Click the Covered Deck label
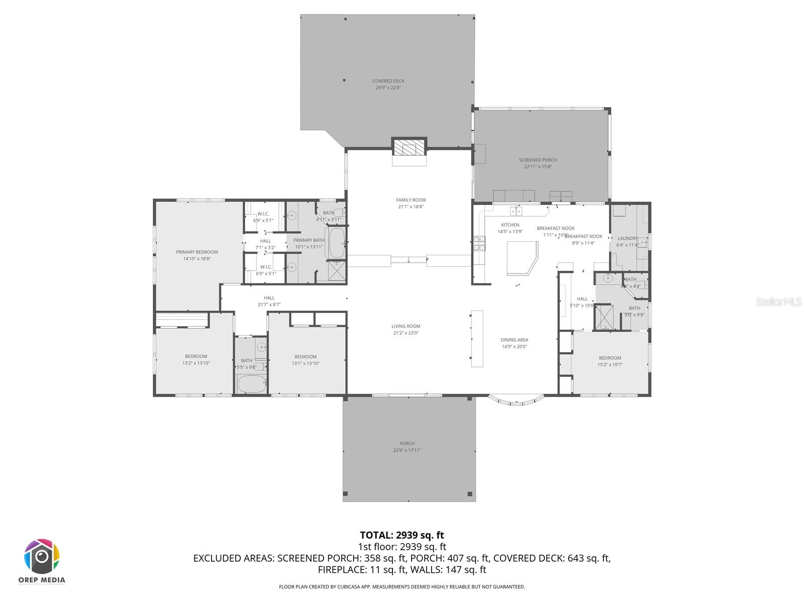click(x=388, y=81)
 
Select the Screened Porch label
click(x=538, y=160)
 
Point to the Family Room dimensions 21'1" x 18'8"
click(x=411, y=207)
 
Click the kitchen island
click(x=521, y=257)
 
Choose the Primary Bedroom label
click(x=196, y=252)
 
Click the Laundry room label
click(x=627, y=239)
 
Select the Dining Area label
click(x=514, y=340)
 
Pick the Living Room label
click(x=406, y=327)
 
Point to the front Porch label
click(x=407, y=444)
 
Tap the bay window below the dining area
click(x=517, y=400)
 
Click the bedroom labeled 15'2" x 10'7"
click(x=610, y=358)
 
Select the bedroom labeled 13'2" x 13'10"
click(x=195, y=357)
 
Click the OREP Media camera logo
click(x=42, y=556)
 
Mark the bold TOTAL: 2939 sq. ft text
click(x=401, y=535)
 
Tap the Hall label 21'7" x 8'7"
click(x=269, y=298)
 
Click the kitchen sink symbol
click(x=516, y=211)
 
